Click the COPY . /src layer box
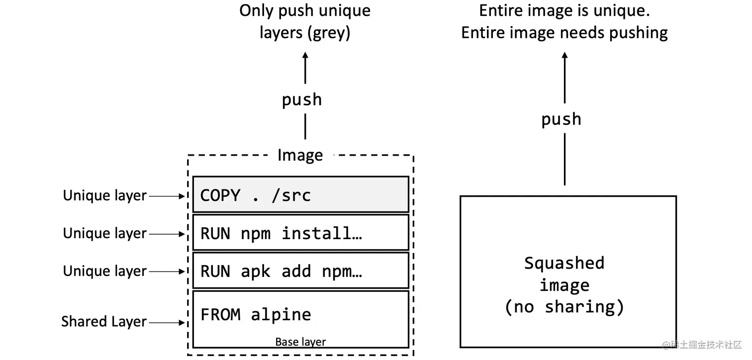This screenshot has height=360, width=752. tap(300, 194)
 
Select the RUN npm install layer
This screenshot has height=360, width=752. tap(300, 233)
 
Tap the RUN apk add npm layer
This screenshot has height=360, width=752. tap(300, 271)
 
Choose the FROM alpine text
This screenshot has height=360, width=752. tap(256, 315)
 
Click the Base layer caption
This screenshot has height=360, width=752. tap(300, 342)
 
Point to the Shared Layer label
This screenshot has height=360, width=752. tap(104, 322)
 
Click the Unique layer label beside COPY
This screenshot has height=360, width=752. tap(104, 196)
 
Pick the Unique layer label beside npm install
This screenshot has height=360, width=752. tap(104, 233)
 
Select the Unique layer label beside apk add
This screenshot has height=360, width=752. tap(104, 271)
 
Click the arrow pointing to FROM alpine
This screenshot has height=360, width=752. tap(167, 323)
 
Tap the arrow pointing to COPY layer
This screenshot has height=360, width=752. tap(167, 196)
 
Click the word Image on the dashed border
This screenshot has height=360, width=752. tap(300, 155)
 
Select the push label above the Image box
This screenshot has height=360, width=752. tap(301, 100)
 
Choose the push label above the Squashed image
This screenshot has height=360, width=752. tap(561, 119)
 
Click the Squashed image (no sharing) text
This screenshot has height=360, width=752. tap(564, 285)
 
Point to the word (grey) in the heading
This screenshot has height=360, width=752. tap(328, 33)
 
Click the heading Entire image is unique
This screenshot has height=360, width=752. tap(564, 11)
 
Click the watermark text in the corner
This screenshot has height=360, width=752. tap(702, 345)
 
